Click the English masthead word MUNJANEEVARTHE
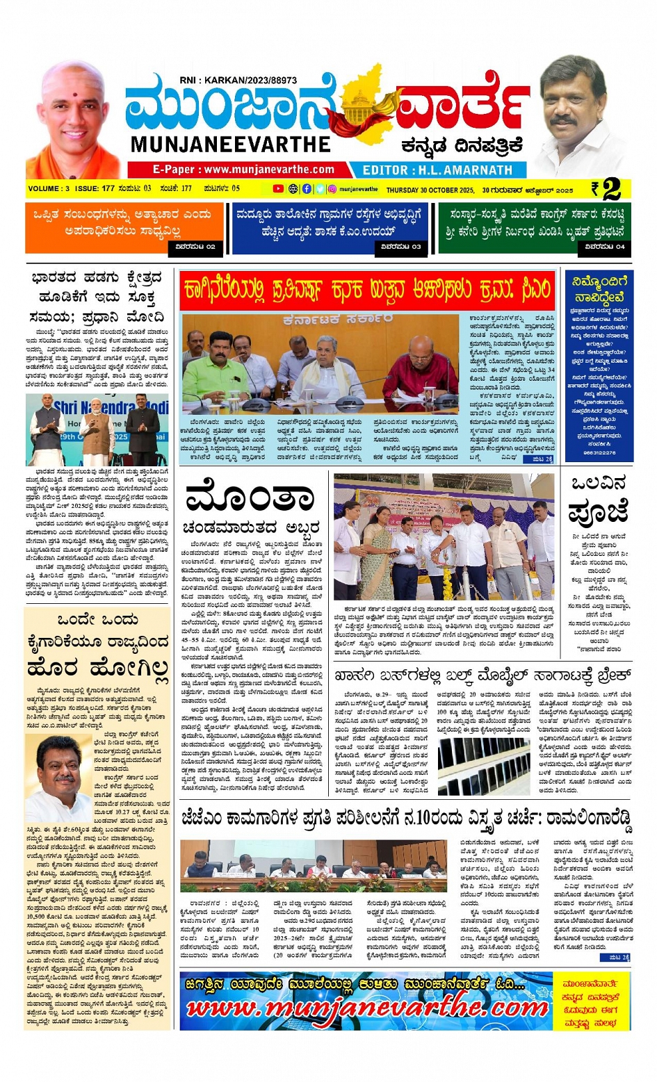coord(230,145)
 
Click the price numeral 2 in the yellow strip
coord(611,189)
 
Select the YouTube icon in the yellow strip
coord(278,189)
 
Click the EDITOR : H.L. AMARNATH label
coord(437,170)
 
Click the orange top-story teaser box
coord(124,228)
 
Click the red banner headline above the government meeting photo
coord(366,290)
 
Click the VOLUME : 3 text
coord(49,189)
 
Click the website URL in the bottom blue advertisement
coord(366,1008)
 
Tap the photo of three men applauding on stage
coord(97,429)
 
